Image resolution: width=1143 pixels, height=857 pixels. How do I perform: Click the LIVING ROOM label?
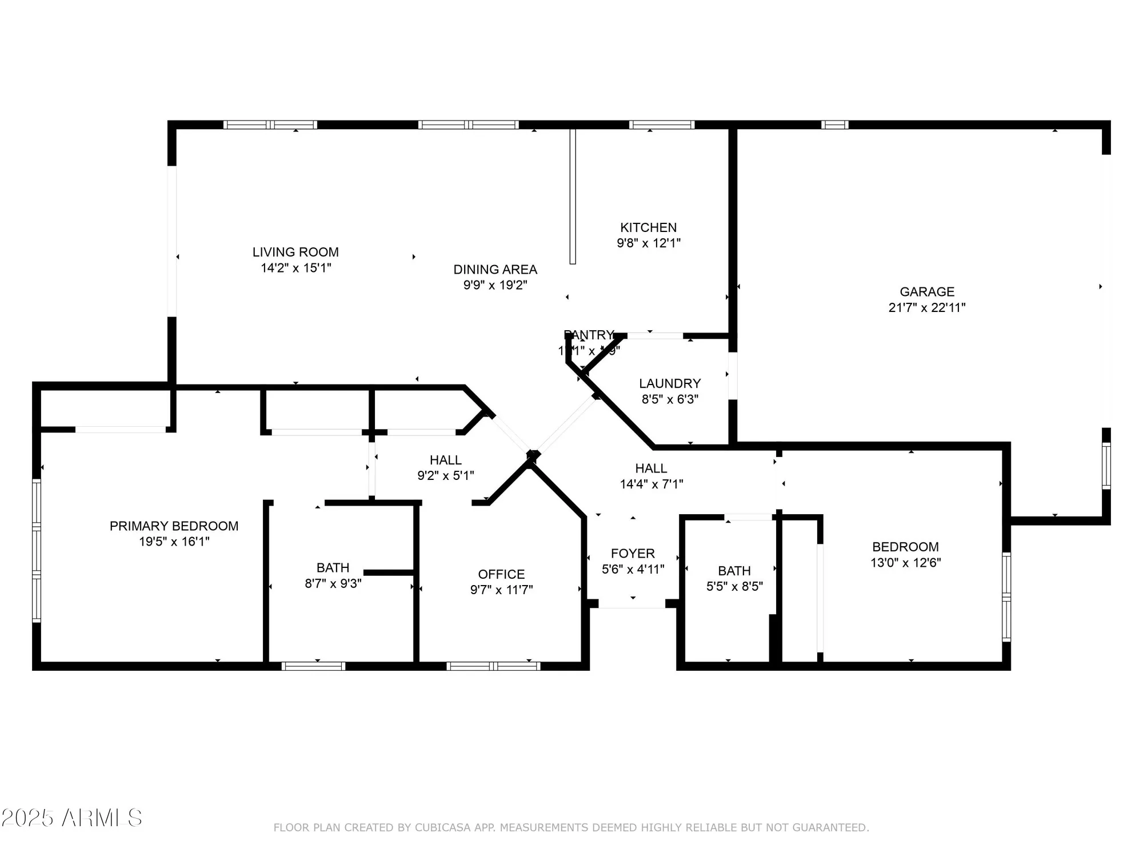[295, 252]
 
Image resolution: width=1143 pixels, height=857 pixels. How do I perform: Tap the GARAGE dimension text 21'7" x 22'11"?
[926, 307]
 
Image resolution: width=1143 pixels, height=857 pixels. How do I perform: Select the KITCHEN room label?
[648, 227]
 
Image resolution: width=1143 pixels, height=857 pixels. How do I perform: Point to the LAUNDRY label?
[669, 383]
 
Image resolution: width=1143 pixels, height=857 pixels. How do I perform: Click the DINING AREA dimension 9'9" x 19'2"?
[495, 285]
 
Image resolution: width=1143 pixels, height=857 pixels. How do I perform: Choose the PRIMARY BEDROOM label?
[174, 526]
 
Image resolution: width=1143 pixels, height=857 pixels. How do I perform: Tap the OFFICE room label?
[501, 574]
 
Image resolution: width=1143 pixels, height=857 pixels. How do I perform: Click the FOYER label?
[633, 554]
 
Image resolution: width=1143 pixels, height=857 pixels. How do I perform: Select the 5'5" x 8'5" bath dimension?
[734, 587]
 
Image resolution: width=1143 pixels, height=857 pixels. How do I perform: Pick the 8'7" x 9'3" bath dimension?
[333, 583]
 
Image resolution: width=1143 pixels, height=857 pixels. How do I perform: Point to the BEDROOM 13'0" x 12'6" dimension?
[905, 563]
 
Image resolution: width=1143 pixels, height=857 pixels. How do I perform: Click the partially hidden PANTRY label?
[588, 335]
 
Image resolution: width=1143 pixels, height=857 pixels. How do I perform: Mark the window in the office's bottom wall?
[493, 666]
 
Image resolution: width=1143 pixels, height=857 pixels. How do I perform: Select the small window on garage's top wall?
[834, 125]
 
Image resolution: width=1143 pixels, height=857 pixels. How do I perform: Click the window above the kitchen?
[662, 125]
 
